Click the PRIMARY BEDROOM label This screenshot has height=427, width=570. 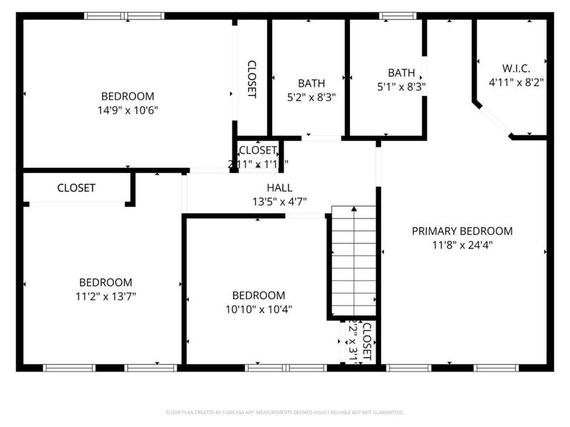point(462,231)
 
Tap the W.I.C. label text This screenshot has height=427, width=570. point(516,68)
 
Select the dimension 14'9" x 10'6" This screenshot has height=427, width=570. point(128,110)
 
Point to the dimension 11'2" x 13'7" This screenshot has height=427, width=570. point(105,296)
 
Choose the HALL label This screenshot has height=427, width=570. point(279,188)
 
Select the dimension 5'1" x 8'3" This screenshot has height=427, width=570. point(401,87)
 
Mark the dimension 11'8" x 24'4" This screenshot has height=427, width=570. point(462,245)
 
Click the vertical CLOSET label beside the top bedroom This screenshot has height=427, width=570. point(252,78)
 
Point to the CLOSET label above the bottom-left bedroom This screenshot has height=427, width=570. point(76,188)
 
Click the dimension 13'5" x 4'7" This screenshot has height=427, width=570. point(279,201)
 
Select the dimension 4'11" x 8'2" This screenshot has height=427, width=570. point(516,83)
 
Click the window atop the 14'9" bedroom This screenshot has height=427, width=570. point(125,16)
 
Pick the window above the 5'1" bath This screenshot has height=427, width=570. point(392,16)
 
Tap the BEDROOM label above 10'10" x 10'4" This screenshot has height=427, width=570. point(259,295)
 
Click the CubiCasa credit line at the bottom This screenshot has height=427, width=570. point(285,412)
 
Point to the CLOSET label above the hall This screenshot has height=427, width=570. point(257,150)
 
